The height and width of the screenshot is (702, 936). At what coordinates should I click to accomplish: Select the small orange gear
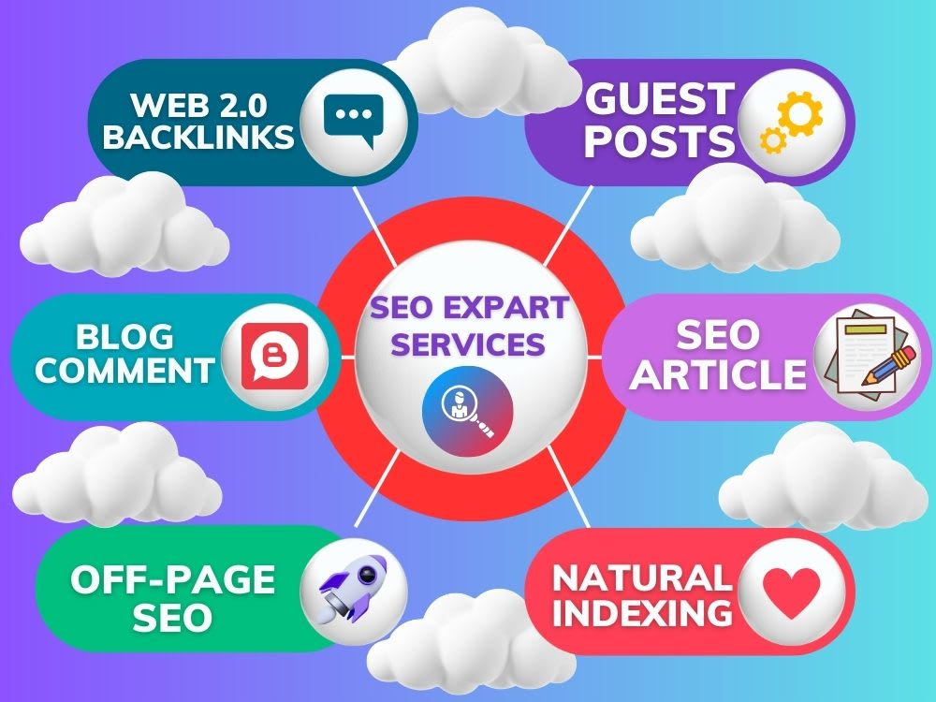tap(773, 140)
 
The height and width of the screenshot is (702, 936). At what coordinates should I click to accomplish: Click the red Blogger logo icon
tap(274, 357)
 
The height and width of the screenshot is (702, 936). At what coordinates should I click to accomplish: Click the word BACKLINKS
tap(198, 137)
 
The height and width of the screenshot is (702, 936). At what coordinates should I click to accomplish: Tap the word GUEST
tap(659, 99)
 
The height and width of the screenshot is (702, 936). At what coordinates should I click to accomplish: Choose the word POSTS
tap(659, 141)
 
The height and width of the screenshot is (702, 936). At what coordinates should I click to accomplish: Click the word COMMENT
tap(124, 370)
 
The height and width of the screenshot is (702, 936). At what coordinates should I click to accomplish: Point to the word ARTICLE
tap(719, 375)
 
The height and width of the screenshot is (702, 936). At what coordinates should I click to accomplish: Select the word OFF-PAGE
tap(172, 579)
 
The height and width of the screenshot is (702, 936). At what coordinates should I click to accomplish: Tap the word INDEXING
tap(642, 613)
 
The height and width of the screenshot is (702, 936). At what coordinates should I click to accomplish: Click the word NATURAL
tap(642, 578)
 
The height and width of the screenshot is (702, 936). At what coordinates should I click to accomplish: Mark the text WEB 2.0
tap(198, 105)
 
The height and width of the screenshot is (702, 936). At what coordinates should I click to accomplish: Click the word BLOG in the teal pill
tap(124, 337)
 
